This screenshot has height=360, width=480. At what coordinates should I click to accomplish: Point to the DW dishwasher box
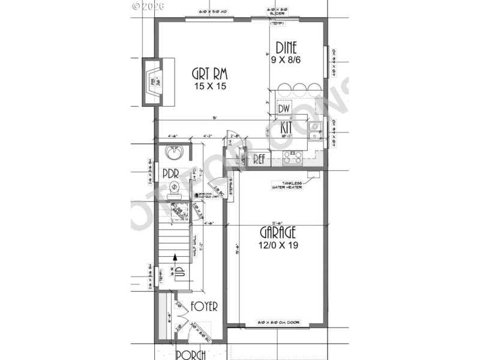[x=284, y=109]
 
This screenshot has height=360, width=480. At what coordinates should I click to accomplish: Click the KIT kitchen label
[x=287, y=127]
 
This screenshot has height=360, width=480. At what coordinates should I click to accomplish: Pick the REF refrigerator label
[x=259, y=160]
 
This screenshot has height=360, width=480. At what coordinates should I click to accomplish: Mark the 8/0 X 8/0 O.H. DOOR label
[x=278, y=323]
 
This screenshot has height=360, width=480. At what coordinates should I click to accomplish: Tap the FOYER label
[x=204, y=307]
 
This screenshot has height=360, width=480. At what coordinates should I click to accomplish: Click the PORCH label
[x=191, y=354]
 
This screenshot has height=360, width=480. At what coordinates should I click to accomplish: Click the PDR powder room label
[x=172, y=174]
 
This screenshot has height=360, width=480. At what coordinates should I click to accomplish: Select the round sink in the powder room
[x=175, y=154]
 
